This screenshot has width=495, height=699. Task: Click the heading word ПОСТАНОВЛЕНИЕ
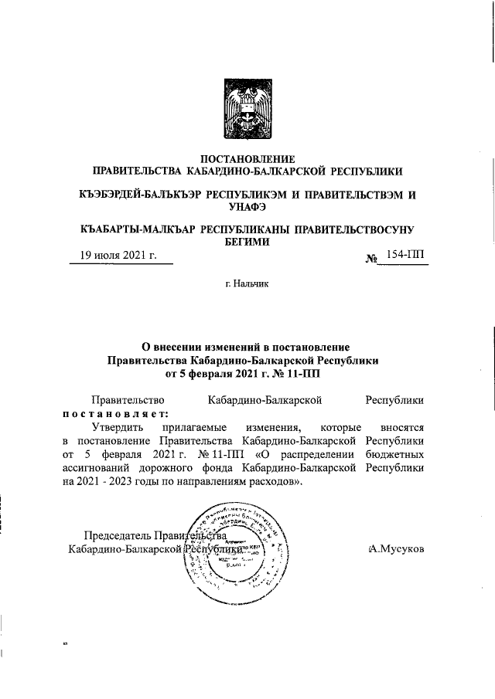coord(247,158)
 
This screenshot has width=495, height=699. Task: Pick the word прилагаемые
coord(191,426)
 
